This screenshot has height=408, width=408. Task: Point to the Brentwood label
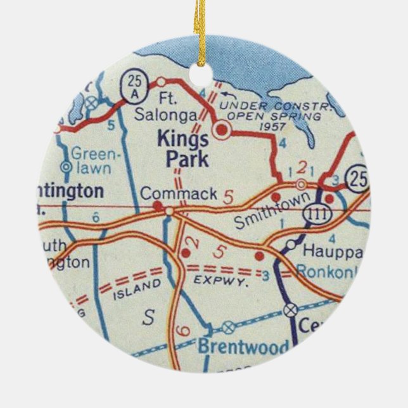243,346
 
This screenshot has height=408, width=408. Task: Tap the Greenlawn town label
91,161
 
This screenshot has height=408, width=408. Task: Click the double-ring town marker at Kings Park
221,131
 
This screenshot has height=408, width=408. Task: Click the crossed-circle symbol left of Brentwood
229,327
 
